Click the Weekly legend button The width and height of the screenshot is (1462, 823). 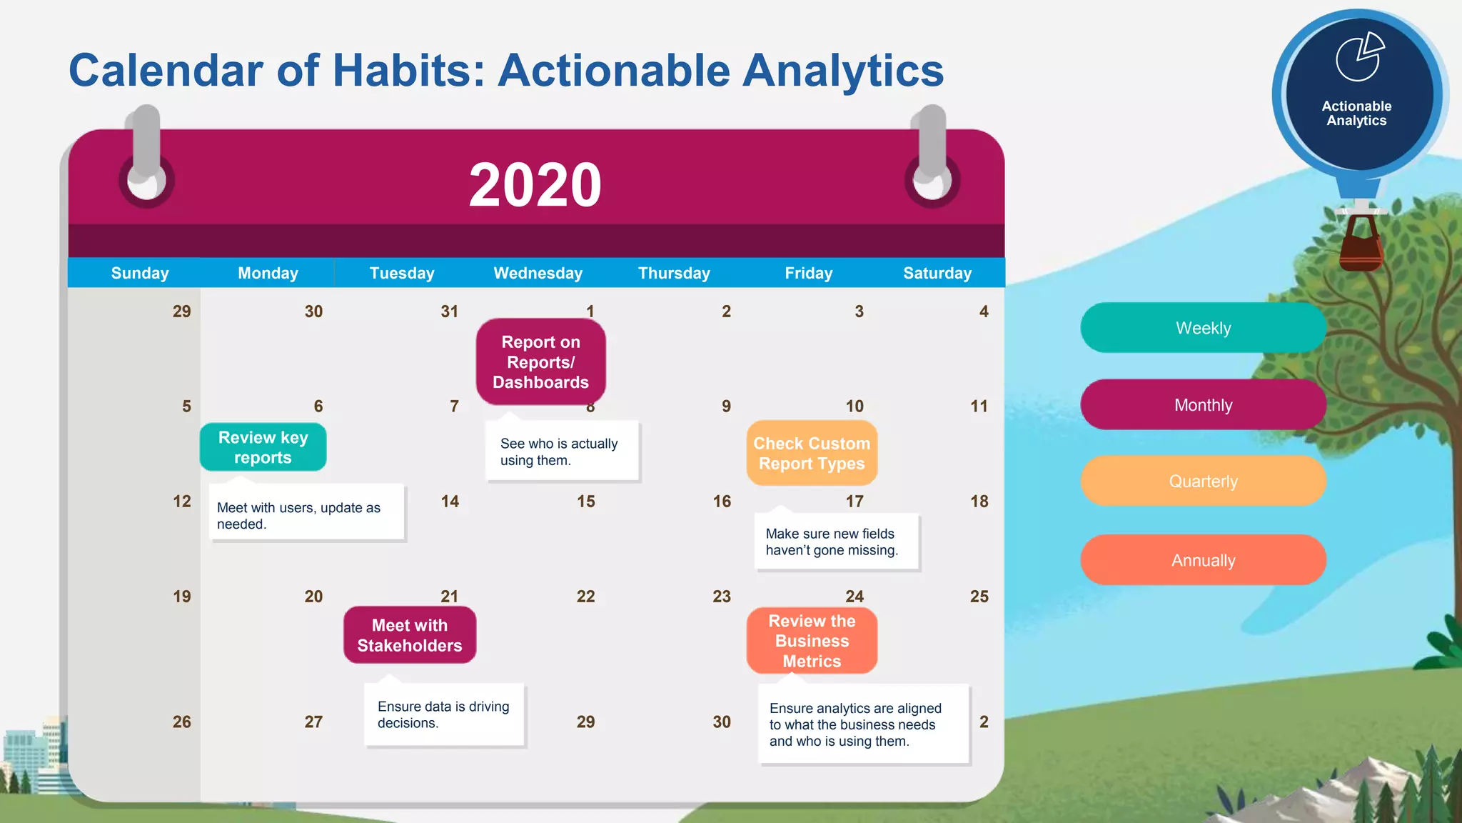pyautogui.click(x=1203, y=328)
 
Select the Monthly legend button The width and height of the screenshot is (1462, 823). pyautogui.click(x=1203, y=405)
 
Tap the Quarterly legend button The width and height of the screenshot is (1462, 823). pyautogui.click(x=1203, y=481)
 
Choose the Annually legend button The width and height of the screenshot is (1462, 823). pyautogui.click(x=1203, y=560)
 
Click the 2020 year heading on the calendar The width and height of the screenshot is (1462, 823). pyautogui.click(x=535, y=185)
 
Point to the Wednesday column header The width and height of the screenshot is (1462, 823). pyautogui.click(x=538, y=273)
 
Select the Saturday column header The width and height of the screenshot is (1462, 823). pyautogui.click(x=937, y=273)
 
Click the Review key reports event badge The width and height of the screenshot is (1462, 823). pyautogui.click(x=263, y=447)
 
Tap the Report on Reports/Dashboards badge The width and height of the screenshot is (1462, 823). pyautogui.click(x=540, y=362)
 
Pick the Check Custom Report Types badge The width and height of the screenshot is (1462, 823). pyautogui.click(x=812, y=454)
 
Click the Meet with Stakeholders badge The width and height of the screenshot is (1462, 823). pyautogui.click(x=410, y=635)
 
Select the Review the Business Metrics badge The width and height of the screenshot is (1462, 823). pyautogui.click(x=812, y=641)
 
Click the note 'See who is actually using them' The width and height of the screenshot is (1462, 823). pyautogui.click(x=562, y=452)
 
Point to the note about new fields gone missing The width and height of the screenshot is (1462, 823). pyautogui.click(x=836, y=542)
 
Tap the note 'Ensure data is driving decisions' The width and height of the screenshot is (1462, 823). pyautogui.click(x=444, y=714)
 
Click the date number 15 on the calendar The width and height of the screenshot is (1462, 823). pyautogui.click(x=585, y=502)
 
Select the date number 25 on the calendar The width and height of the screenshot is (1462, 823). pyautogui.click(x=979, y=597)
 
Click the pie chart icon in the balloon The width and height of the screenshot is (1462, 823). pyautogui.click(x=1359, y=57)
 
